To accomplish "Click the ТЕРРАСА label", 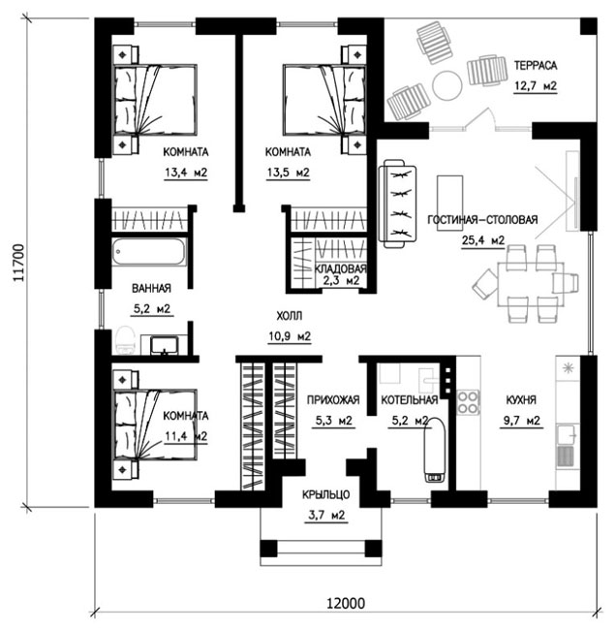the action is point(536,66).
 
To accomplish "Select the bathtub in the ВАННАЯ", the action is point(149,252).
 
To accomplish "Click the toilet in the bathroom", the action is point(125,340).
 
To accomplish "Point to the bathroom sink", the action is point(165,346).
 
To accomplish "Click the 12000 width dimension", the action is point(346,604).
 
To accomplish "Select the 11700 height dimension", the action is point(19,263).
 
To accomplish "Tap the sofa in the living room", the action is point(397,204).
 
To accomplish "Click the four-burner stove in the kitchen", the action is point(468,402).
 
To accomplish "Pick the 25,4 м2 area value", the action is point(483,240).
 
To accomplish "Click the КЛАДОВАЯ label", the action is point(340,268).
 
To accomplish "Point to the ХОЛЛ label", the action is point(289,316).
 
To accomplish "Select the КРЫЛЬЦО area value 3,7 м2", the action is point(326,515).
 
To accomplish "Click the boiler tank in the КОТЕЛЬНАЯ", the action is point(435,450).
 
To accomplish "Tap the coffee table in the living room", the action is point(449,203).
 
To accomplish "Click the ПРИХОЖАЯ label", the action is point(333,400).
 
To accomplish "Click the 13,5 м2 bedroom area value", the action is point(289,173).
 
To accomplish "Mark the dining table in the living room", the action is point(531,284).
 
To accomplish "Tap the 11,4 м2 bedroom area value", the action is point(186,436).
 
